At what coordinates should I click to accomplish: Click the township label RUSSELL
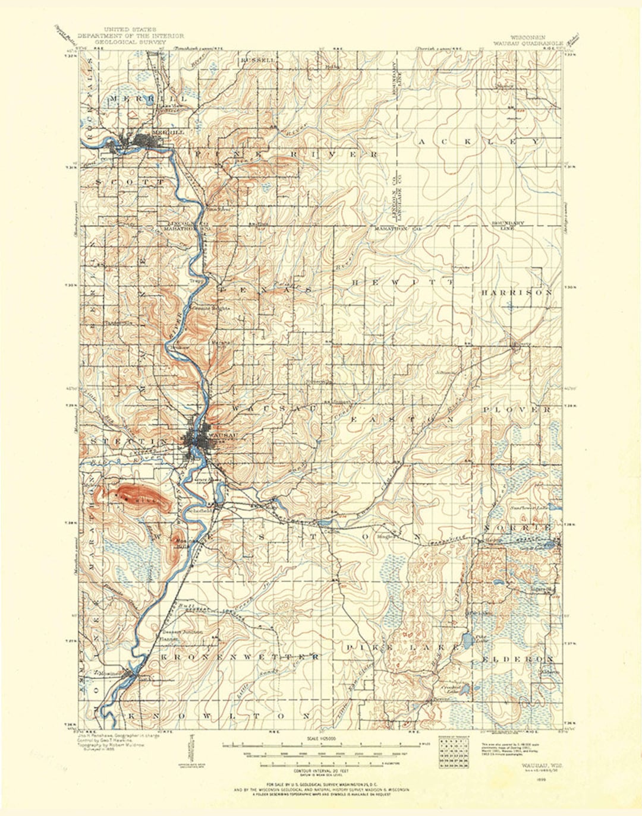tap(258, 61)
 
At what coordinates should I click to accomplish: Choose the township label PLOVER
tap(517, 410)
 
